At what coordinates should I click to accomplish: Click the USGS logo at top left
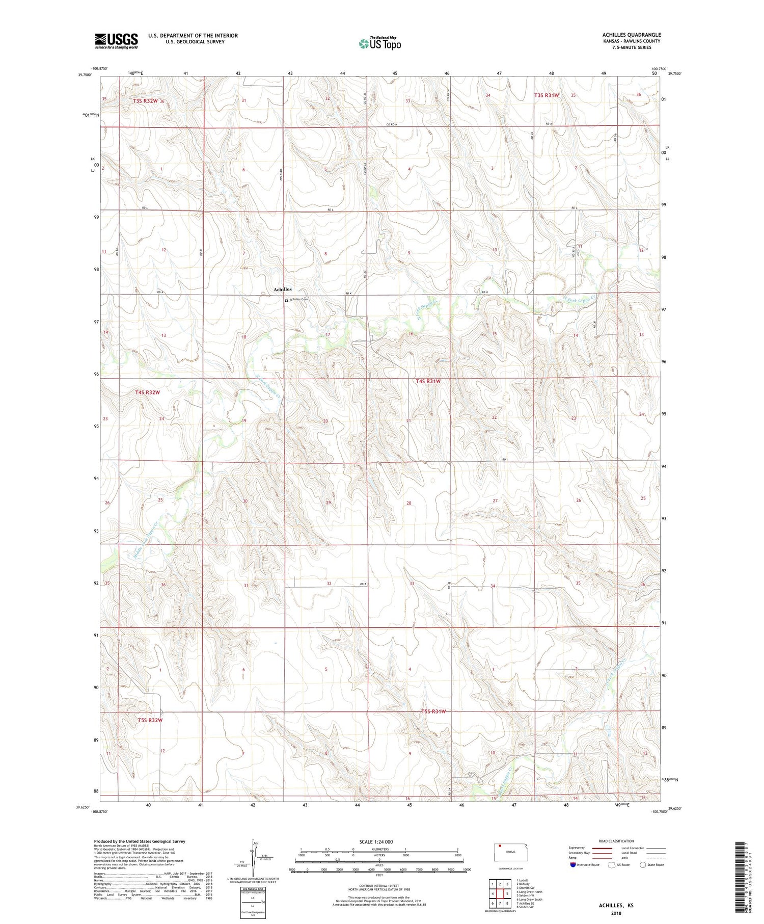tap(116, 41)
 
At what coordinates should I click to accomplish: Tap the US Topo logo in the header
tap(379, 44)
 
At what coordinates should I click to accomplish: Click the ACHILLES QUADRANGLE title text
tap(631, 35)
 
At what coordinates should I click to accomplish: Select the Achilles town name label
tap(283, 289)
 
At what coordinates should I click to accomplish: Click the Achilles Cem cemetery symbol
tap(286, 300)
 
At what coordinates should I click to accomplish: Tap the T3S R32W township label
tap(146, 101)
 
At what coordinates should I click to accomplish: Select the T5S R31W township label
tap(433, 711)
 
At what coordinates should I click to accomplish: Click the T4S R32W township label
tap(148, 392)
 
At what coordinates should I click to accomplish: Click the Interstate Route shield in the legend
tap(573, 865)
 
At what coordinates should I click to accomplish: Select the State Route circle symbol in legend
tap(643, 864)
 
